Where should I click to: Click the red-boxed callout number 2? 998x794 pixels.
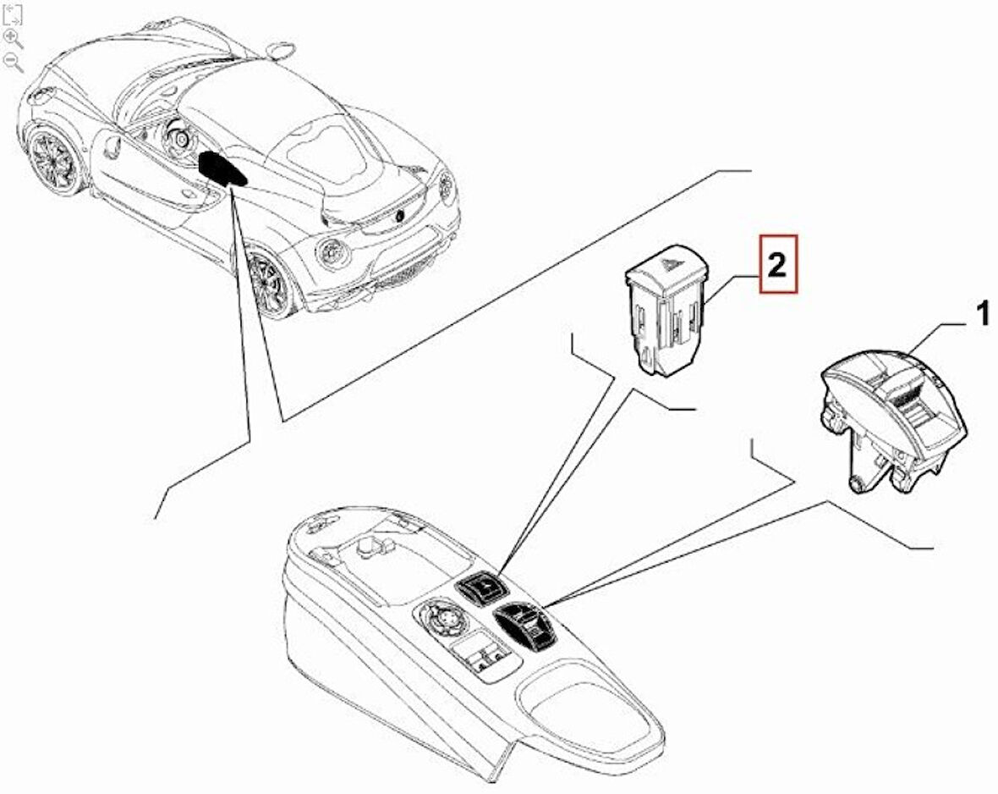[777, 264]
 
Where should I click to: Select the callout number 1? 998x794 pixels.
[983, 315]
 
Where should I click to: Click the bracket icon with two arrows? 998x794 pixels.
[12, 14]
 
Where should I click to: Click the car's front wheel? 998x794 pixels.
[56, 159]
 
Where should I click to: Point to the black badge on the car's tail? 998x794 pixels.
[400, 215]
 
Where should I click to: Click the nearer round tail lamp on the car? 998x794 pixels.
[332, 255]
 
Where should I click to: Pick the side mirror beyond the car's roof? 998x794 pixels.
[278, 47]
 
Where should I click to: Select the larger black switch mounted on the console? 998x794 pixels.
[526, 626]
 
